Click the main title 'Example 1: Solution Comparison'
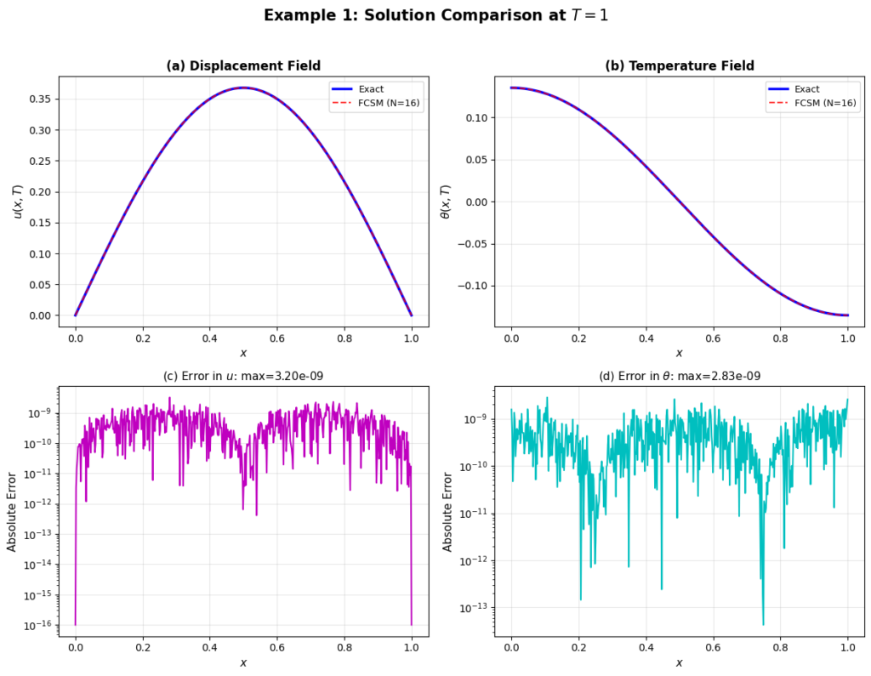435,15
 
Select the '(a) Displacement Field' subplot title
242,65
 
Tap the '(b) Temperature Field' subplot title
679,65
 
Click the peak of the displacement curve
243,88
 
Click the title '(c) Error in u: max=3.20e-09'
242,377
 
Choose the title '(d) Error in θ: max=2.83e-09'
679,377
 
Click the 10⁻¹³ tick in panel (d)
470,608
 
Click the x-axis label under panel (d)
679,662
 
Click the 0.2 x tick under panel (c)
143,647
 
